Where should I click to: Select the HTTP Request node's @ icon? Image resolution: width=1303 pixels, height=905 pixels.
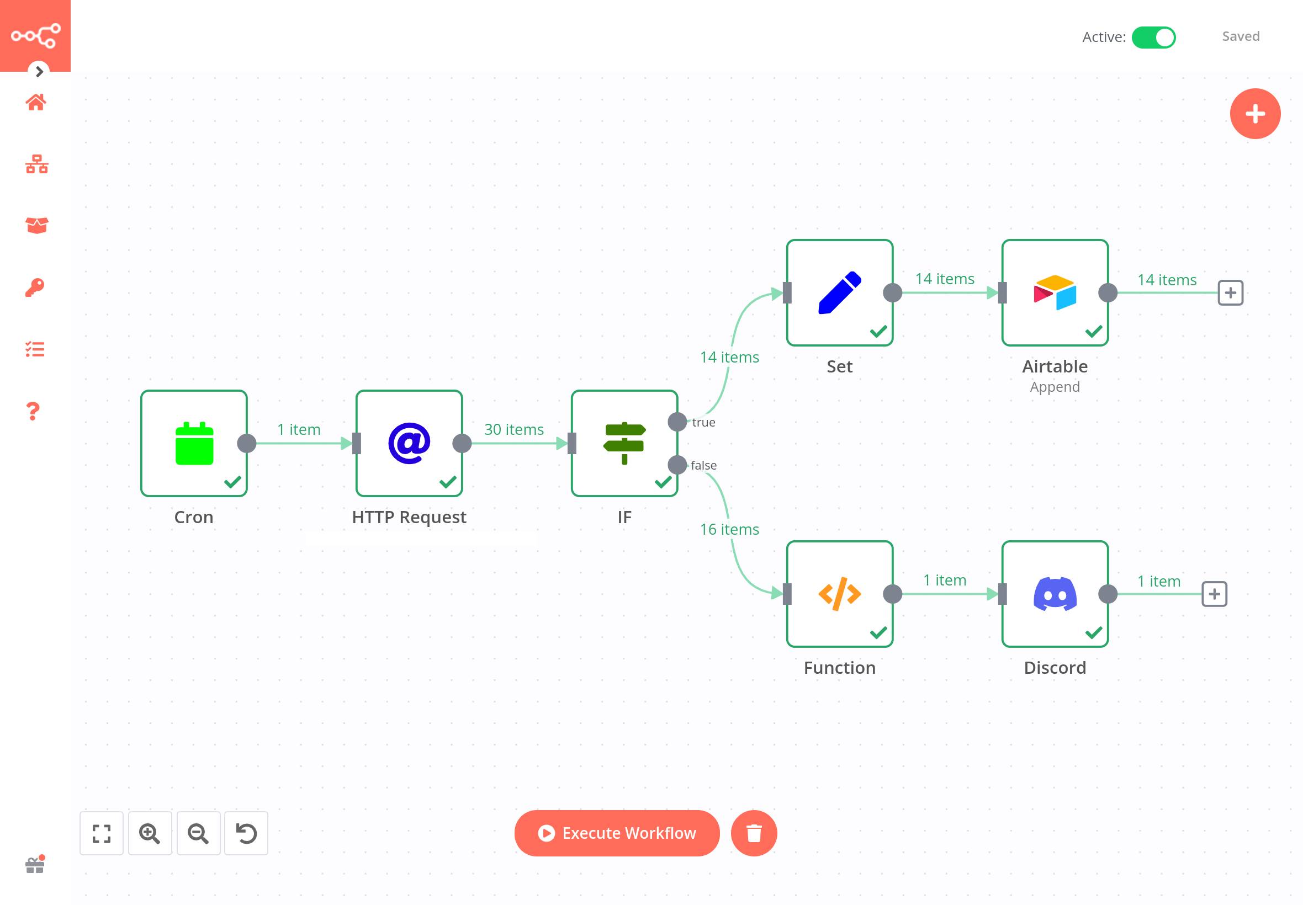pyautogui.click(x=409, y=444)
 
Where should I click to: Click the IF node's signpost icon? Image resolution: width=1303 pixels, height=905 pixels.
pyautogui.click(x=624, y=444)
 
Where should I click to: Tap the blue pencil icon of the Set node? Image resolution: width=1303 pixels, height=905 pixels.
pyautogui.click(x=840, y=292)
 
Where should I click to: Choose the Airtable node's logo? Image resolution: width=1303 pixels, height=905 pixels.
pyautogui.click(x=1055, y=292)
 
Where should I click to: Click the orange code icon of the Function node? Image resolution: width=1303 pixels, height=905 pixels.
pyautogui.click(x=840, y=594)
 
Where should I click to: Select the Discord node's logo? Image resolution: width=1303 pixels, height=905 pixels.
pyautogui.click(x=1055, y=594)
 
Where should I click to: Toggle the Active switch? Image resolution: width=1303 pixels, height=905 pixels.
pyautogui.click(x=1153, y=38)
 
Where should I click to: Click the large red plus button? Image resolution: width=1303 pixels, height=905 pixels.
pyautogui.click(x=1255, y=114)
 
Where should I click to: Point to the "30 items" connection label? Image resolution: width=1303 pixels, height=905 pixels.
pyautogui.click(x=513, y=429)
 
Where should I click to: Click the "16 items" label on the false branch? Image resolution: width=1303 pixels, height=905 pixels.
pyautogui.click(x=729, y=529)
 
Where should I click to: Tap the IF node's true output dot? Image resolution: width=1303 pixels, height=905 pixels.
pyautogui.click(x=677, y=422)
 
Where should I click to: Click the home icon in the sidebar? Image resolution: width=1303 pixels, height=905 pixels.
pyautogui.click(x=36, y=103)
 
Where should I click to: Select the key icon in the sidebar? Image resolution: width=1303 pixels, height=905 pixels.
pyautogui.click(x=35, y=288)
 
